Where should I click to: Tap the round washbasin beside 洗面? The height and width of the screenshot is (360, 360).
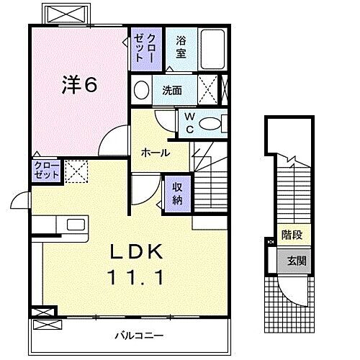coord(141,91)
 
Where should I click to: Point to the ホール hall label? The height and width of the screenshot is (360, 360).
coord(155,153)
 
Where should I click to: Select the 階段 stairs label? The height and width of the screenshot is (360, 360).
coord(292,234)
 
